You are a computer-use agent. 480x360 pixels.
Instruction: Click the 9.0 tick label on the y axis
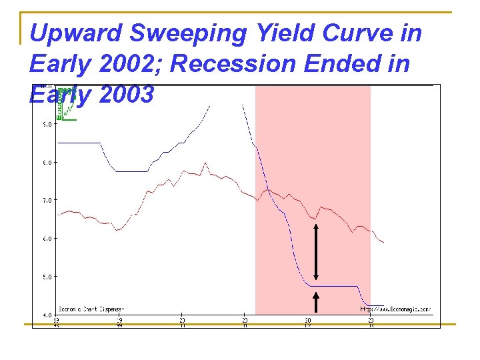(x=47, y=124)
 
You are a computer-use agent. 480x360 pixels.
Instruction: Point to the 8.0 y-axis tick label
(x=47, y=162)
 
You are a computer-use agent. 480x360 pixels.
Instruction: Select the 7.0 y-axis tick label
(x=47, y=200)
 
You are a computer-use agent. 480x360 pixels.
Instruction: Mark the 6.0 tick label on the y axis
(x=47, y=238)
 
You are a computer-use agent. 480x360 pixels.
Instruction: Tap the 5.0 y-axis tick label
(x=47, y=276)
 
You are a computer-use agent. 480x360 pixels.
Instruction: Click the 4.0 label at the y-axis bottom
(x=47, y=314)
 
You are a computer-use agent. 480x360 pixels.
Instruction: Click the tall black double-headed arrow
(x=316, y=252)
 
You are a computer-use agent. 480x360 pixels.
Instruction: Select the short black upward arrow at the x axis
(x=316, y=305)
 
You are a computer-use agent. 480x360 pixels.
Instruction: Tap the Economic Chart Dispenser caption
(x=91, y=309)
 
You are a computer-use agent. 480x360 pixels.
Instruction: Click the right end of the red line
(x=383, y=242)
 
